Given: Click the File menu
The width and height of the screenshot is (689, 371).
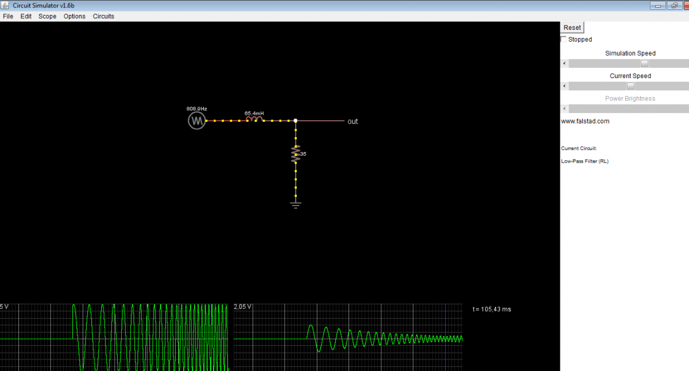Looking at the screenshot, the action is point(8,16).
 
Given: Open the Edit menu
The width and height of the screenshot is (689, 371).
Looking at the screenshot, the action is point(26,16).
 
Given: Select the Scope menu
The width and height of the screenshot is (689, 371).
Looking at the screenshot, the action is point(47,16).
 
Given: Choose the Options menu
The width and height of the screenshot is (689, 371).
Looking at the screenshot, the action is point(75,16).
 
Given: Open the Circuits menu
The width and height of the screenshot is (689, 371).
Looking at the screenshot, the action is point(103,16).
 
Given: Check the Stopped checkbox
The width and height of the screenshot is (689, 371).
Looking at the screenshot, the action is point(563,40).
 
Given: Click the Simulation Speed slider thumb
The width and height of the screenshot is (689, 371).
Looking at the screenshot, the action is point(644,63).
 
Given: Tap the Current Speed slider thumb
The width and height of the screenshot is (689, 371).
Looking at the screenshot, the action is point(630,86).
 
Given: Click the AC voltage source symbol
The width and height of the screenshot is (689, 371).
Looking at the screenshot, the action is point(197,121).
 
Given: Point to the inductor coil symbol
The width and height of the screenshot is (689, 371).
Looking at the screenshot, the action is point(254,119).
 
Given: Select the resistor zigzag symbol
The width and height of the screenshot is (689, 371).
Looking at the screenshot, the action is point(296,154).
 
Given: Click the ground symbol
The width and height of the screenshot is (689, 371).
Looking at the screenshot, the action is point(296,205).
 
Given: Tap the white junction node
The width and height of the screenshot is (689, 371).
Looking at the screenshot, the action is point(296,121).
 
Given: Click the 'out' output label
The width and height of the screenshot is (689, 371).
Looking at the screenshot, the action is point(353,122).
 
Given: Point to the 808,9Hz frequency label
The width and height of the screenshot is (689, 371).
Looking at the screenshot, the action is point(196,109).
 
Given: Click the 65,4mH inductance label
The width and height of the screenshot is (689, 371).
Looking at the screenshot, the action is point(254,114).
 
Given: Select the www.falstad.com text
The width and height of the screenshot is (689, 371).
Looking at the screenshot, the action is point(585,121).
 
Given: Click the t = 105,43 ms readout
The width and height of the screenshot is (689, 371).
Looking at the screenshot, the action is point(492,309).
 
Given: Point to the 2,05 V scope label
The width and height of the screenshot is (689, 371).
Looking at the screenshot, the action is point(242,307).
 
